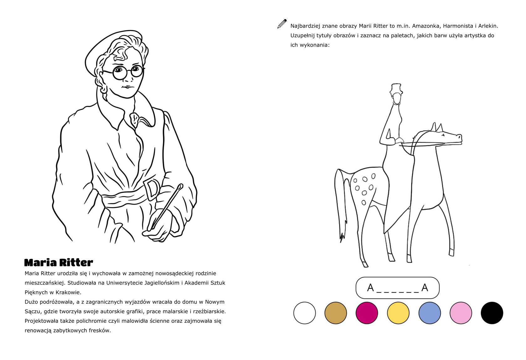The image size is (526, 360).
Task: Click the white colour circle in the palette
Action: [305, 313]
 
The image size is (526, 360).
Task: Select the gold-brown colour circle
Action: [336, 313]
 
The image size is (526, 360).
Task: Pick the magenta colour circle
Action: [367, 313]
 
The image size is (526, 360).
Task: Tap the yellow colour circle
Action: [398, 313]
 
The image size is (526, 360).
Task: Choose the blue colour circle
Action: [430, 313]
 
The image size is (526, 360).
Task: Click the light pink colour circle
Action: [461, 313]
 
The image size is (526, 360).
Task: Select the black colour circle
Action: [492, 313]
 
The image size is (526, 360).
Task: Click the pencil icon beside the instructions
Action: [282, 24]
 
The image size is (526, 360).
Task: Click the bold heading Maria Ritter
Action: [59, 263]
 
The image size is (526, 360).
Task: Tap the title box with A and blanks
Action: [398, 288]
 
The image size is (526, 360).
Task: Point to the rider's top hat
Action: [396, 88]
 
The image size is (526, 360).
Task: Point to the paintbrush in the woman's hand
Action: [166, 207]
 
